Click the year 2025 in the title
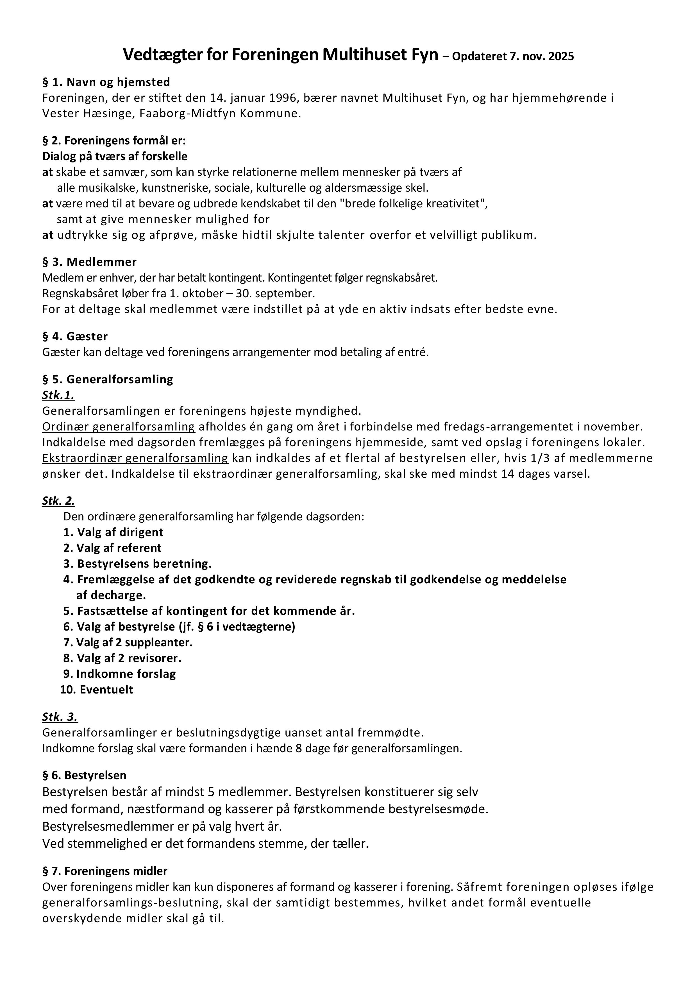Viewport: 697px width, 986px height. (x=560, y=57)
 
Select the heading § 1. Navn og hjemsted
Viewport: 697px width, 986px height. (x=106, y=82)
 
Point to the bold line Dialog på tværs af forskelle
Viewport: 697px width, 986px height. (x=115, y=156)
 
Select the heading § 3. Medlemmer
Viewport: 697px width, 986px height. (x=89, y=262)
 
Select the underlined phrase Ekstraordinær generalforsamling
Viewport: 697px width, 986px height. (x=135, y=458)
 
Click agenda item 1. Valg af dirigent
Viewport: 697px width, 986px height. (x=113, y=532)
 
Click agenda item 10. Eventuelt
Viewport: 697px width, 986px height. (x=97, y=690)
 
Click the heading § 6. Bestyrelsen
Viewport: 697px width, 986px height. (x=84, y=776)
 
